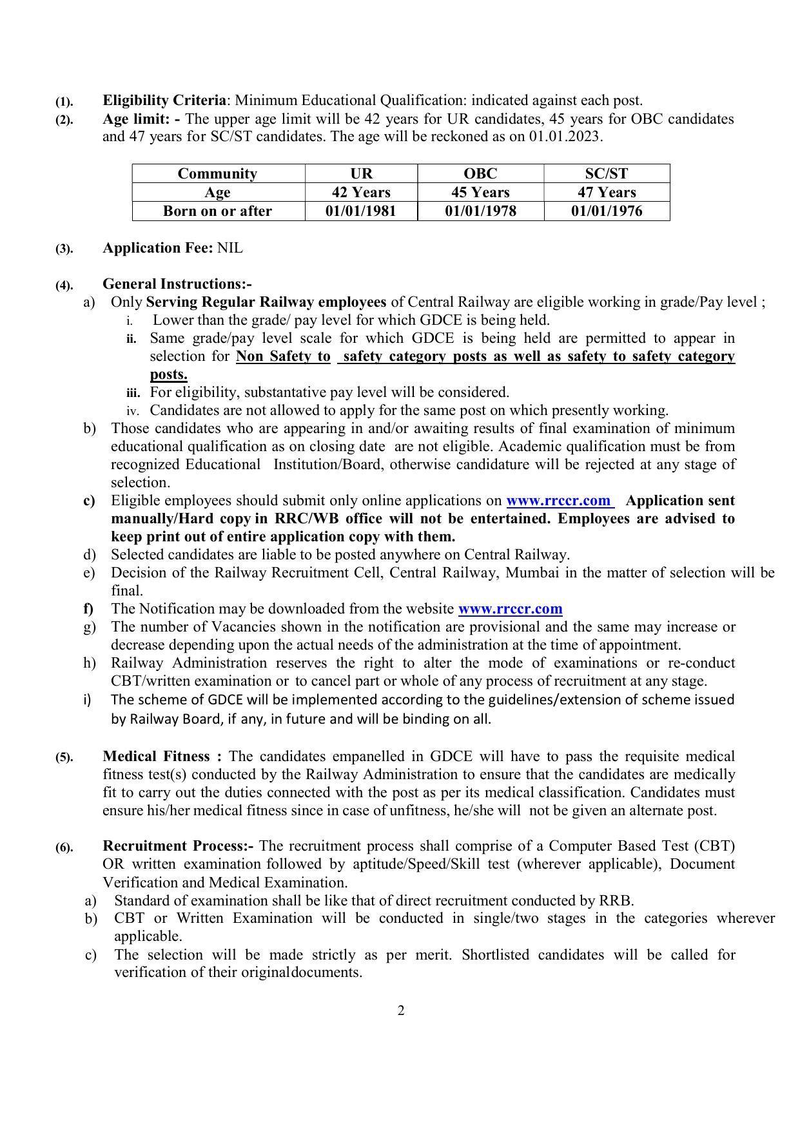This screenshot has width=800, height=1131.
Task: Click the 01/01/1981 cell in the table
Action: point(361,211)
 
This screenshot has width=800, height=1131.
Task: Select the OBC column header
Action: point(480,173)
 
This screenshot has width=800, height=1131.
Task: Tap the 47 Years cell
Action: point(607,192)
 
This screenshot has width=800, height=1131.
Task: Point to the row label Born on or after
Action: point(218,211)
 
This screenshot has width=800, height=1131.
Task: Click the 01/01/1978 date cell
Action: point(480,211)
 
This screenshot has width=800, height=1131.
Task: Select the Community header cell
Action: point(218,173)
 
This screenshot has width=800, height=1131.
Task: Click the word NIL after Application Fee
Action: point(230,248)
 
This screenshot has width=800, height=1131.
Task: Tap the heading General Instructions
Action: point(177,284)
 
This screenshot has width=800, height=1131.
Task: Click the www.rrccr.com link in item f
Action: point(510,609)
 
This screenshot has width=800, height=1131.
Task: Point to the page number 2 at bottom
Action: point(401,1010)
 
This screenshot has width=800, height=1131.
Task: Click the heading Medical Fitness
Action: point(156,756)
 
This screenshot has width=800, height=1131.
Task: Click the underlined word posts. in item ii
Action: point(168,374)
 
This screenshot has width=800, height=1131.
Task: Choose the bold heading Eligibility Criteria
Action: point(164,101)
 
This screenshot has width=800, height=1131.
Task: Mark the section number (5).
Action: point(64,757)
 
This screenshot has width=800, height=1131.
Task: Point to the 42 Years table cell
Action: point(361,192)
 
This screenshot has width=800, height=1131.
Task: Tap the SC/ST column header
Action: point(607,173)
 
